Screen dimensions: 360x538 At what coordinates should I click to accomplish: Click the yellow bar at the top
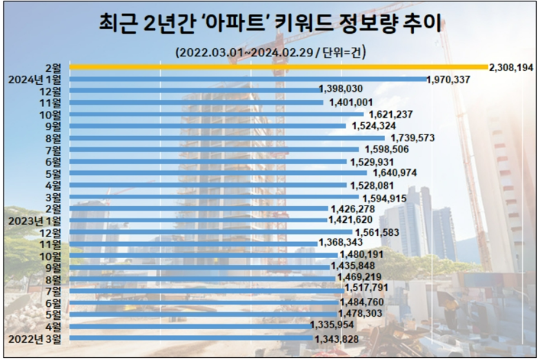pos(276,67)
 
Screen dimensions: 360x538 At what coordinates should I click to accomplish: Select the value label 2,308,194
pos(511,68)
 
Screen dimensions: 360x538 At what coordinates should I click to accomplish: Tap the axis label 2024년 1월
pos(34,79)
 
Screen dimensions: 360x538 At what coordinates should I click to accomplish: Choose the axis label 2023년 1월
pos(34,220)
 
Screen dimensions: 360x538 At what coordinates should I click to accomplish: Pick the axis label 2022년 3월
pos(34,339)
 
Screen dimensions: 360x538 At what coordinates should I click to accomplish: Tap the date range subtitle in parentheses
pos(270,52)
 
